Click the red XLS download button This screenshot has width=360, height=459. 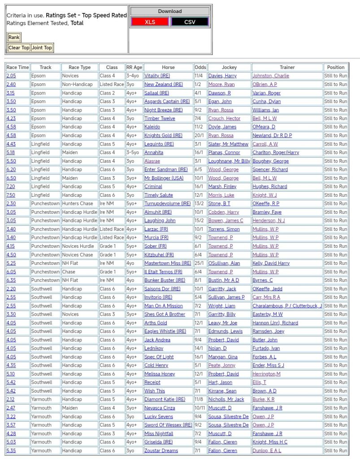[150, 22]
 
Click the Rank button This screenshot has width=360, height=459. [14, 37]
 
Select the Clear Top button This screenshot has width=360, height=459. [19, 48]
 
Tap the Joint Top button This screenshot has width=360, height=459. [42, 48]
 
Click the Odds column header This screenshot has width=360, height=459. [200, 67]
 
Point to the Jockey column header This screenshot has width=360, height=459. [229, 67]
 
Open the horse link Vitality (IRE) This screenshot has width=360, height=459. [157, 76]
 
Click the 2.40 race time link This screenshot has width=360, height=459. [11, 84]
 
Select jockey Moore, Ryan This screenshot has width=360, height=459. [221, 84]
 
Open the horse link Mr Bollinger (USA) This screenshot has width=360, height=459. [164, 178]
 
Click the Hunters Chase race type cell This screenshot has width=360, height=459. [78, 204]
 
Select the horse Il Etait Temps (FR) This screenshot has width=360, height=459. [163, 272]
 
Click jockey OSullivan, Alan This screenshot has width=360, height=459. [224, 263]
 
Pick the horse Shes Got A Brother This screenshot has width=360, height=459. [165, 314]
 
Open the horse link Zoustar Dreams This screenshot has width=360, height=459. [161, 450]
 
